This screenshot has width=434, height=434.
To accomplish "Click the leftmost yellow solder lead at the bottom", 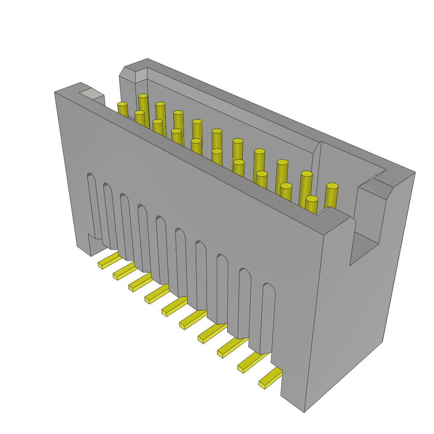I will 109,260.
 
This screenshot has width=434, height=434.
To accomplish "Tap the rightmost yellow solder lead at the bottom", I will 270,378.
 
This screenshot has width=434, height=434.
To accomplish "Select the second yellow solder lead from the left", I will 124,271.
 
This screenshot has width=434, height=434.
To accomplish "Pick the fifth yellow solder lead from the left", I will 174,306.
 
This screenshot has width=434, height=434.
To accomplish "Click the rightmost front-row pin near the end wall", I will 312,204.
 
